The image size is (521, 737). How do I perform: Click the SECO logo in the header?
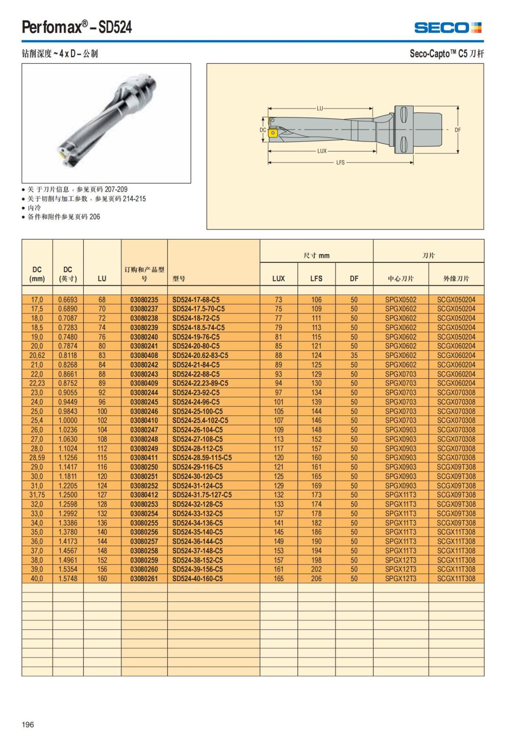448,28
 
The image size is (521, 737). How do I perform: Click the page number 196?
28,724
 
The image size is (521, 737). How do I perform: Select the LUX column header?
278,278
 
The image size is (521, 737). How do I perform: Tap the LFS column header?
316,278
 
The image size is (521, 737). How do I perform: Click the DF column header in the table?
354,278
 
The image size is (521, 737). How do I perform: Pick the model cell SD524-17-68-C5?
196,300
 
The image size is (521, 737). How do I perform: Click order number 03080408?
144,355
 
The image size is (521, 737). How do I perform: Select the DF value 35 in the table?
354,355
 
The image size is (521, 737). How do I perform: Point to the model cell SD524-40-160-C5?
198,578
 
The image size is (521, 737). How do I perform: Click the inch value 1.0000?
68,420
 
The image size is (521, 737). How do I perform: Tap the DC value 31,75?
37,495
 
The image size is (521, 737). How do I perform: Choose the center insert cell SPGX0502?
400,300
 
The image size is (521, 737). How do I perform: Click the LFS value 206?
316,578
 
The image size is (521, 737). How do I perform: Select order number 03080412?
144,495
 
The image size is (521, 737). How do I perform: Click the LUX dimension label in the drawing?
322,151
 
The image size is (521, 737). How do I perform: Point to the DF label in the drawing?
458,130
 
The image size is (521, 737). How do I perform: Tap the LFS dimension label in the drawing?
340,162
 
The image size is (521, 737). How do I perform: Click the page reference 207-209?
116,189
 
